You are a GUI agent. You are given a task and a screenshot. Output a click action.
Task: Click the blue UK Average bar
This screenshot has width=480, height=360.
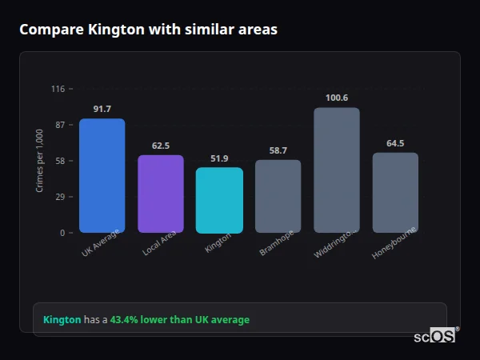(102, 176)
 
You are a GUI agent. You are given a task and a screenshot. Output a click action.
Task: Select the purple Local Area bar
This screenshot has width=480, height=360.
(160, 194)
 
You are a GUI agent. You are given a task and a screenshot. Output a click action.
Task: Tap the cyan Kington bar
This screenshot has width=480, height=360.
(219, 200)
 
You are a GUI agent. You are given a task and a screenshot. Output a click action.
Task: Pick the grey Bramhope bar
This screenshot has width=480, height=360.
(278, 196)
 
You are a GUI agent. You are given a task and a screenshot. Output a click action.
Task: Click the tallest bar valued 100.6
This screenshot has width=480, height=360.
(336, 170)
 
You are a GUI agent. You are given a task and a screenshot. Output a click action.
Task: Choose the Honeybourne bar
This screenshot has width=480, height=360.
(395, 193)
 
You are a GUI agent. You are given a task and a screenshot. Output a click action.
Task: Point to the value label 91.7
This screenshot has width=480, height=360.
(102, 109)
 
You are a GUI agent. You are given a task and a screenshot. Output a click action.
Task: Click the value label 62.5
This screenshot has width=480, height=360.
(160, 146)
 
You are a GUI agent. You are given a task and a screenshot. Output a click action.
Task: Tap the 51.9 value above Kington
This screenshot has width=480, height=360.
(219, 158)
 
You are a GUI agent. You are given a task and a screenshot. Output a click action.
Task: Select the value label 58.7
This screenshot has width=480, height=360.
(278, 150)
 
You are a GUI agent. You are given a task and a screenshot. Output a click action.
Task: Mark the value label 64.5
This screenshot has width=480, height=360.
(395, 143)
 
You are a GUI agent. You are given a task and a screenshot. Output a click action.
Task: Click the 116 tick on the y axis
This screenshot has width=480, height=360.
(58, 89)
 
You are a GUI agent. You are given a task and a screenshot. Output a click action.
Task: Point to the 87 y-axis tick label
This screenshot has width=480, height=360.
(59, 125)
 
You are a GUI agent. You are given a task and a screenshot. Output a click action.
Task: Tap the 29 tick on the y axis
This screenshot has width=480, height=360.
(59, 197)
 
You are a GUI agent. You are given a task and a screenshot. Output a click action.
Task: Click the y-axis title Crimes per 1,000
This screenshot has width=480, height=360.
(40, 161)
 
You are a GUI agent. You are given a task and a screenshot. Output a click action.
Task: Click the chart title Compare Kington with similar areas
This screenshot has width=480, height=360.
(148, 30)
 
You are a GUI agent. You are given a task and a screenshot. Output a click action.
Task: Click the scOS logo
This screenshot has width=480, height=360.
(435, 337)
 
